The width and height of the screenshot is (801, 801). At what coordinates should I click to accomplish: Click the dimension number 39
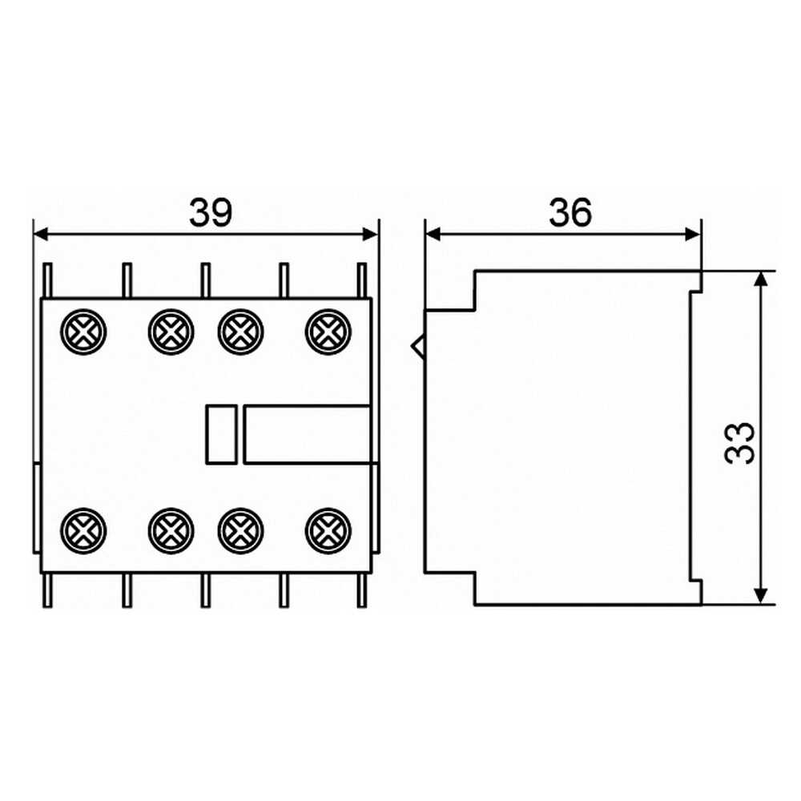pos(211,212)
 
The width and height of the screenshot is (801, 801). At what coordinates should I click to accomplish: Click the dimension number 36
pos(570,212)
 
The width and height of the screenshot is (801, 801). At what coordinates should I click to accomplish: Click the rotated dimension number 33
pos(739,443)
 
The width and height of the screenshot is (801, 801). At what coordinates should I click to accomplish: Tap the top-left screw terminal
pos(83,332)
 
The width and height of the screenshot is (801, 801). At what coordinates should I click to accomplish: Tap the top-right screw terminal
pos(328,332)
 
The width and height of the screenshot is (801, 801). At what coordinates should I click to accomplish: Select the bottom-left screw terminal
pos(83,531)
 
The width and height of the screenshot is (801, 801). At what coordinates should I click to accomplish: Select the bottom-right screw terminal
pos(328,531)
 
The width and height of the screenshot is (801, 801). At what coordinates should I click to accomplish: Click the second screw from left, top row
pos(171,332)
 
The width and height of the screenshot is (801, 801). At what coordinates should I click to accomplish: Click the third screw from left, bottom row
pos(240,531)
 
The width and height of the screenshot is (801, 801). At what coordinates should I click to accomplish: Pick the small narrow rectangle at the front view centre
pos(221,435)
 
